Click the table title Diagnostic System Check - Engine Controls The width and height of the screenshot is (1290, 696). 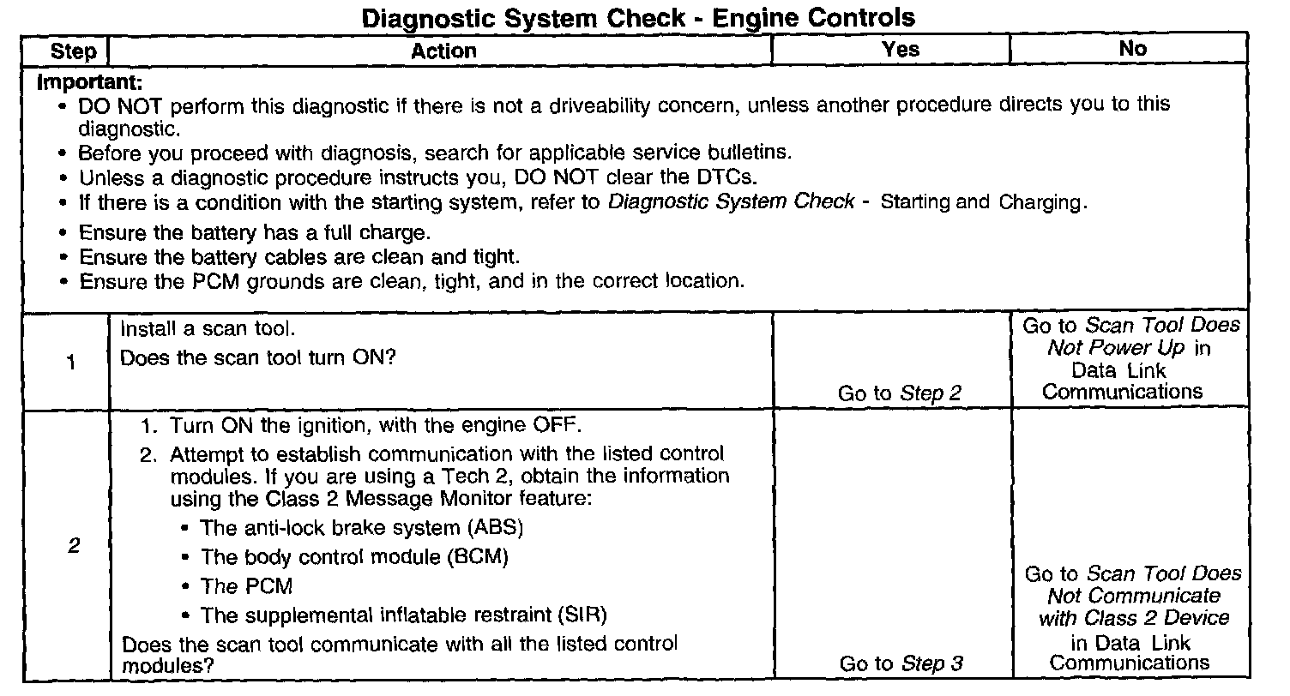(639, 17)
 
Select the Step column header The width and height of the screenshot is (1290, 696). (74, 51)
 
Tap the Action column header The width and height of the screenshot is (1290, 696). (443, 51)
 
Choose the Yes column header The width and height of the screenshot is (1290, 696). (900, 50)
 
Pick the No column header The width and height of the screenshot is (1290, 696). (1132, 50)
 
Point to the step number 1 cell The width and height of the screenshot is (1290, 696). (71, 363)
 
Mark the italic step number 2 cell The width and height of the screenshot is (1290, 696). (74, 546)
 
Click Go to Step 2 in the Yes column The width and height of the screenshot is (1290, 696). (900, 393)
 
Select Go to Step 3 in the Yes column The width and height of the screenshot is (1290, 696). (901, 663)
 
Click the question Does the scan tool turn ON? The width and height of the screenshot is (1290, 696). (257, 357)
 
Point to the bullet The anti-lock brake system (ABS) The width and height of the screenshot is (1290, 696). (361, 527)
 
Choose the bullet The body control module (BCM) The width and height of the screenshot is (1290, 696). (354, 557)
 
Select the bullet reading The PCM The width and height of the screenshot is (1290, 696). (246, 586)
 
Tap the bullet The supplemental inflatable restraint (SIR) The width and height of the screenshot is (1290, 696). (403, 615)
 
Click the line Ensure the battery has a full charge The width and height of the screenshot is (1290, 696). (254, 233)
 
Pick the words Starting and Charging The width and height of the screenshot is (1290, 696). (983, 202)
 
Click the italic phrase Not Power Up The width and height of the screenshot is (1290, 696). (1115, 348)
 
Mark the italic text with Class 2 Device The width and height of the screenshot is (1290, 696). (1134, 618)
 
